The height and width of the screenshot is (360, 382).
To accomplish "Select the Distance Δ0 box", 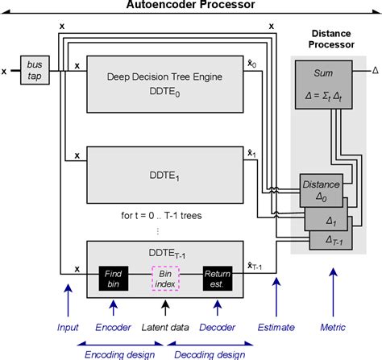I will [320, 188].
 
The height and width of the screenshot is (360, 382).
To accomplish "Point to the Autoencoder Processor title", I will [190, 6].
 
